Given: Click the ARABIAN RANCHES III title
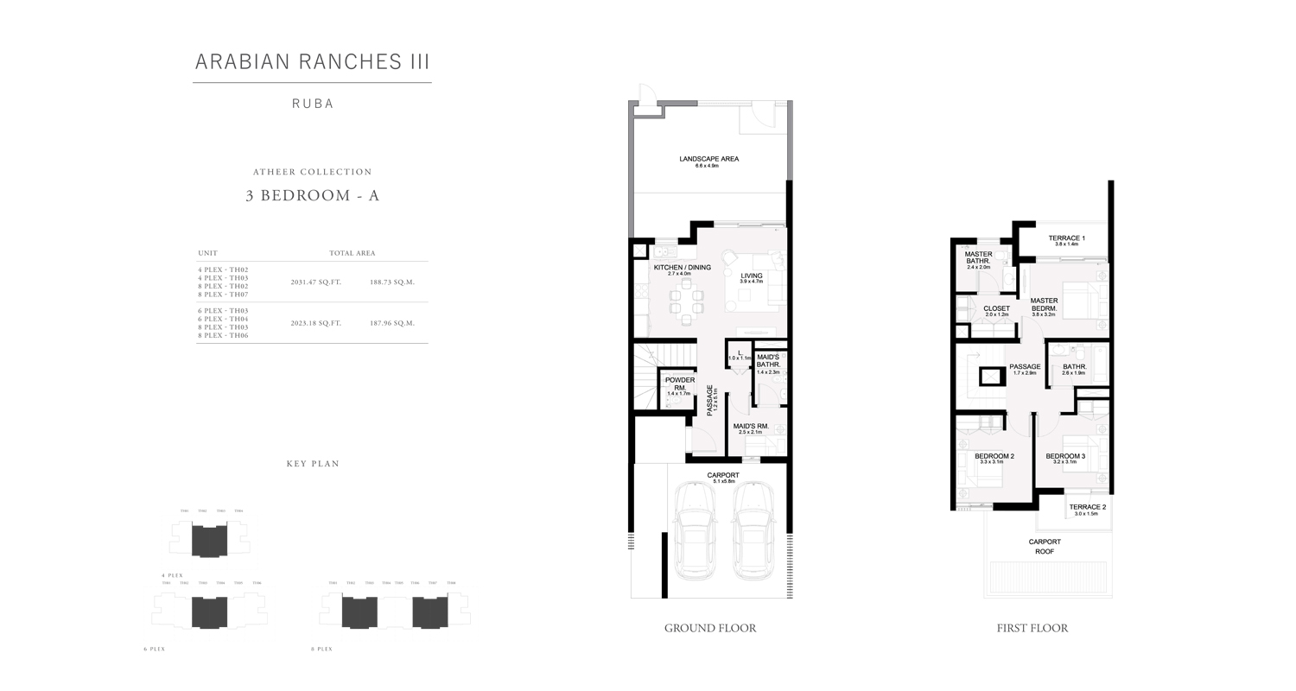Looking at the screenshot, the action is tap(312, 61).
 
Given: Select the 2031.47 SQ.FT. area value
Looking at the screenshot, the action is tap(315, 282).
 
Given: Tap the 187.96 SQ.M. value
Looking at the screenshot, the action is tap(392, 323).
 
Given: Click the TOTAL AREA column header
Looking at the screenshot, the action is tap(352, 253).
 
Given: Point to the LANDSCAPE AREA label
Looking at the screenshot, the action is tap(708, 159).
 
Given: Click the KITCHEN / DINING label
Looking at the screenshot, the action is tap(682, 268).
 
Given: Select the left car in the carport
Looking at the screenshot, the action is tap(695, 530).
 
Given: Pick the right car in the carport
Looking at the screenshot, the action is tap(753, 530).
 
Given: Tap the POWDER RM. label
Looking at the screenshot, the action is tap(679, 384).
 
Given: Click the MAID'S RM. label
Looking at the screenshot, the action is tap(751, 427).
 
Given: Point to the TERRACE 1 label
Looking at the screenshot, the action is tap(1066, 238).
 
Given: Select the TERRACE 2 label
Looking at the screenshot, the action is tap(1087, 508).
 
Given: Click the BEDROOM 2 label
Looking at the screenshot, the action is tap(994, 456).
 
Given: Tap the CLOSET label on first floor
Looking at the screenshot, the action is tap(996, 308).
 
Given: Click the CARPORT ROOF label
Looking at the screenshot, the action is tap(1045, 546).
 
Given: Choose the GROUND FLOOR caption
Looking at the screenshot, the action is tap(710, 628).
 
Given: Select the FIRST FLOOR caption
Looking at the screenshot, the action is tap(1032, 628).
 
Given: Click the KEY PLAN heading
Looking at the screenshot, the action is tap(313, 464).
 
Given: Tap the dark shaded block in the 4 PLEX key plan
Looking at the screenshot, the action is tap(210, 541).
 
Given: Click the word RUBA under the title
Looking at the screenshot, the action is tap(312, 104).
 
